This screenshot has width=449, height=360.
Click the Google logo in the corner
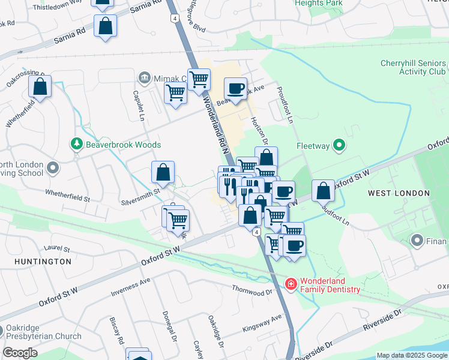[20, 353]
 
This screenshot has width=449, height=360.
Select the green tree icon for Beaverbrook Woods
[76, 144]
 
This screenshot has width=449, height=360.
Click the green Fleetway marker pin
[339, 145]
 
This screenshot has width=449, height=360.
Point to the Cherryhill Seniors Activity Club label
[413, 67]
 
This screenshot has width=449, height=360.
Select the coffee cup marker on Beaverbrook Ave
[235, 89]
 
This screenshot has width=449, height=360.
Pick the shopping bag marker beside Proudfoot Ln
[323, 190]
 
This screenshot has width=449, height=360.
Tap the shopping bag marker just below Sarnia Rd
[105, 26]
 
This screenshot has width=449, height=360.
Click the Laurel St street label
[57, 248]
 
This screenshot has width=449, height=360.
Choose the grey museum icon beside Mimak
[144, 77]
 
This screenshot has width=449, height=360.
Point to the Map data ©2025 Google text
[412, 355]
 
